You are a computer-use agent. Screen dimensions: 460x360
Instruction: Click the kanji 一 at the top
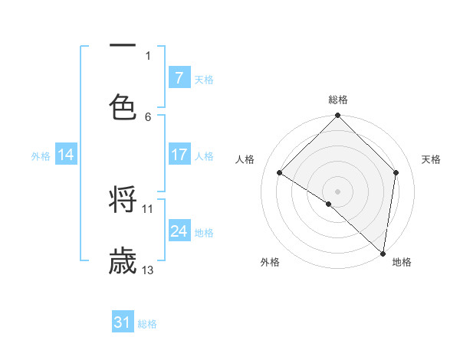(x=123, y=46)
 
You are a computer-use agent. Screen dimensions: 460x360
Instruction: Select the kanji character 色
(x=123, y=106)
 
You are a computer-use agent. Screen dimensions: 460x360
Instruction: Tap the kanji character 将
(x=123, y=201)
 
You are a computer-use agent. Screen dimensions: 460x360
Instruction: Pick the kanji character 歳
(x=123, y=261)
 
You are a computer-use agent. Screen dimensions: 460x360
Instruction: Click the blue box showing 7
(x=179, y=78)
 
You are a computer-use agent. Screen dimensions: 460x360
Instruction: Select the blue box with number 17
(x=179, y=155)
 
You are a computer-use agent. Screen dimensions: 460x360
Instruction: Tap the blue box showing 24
(x=179, y=231)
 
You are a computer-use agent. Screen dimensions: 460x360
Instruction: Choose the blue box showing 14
(x=66, y=155)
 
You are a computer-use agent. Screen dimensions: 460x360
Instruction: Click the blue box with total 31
(x=123, y=322)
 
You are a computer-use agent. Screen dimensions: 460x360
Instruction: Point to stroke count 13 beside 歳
(x=148, y=270)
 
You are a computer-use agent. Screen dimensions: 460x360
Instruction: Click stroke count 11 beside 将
(x=148, y=208)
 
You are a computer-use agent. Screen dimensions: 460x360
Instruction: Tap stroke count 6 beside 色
(x=148, y=116)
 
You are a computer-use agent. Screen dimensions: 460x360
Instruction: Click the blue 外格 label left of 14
(x=41, y=155)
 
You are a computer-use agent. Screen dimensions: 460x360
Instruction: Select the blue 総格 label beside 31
(x=147, y=324)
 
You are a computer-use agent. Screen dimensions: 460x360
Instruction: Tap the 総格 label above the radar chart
(x=338, y=100)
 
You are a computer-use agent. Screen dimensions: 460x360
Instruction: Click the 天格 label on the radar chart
(x=432, y=159)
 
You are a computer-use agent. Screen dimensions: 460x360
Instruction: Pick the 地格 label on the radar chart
(x=402, y=263)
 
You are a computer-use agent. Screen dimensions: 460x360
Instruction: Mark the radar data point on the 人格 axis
(x=280, y=172)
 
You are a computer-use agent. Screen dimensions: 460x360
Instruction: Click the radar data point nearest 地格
(x=383, y=253)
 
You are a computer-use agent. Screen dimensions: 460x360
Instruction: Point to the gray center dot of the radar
(x=337, y=191)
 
